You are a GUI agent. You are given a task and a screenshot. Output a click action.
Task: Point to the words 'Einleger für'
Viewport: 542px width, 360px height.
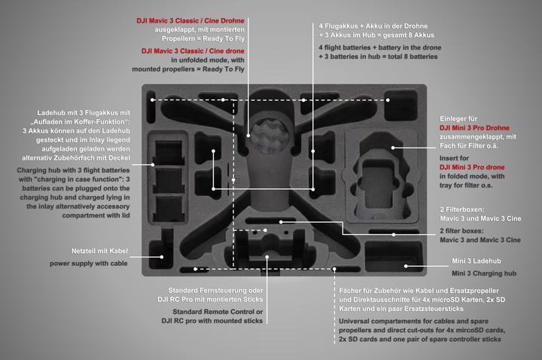pos(461,118)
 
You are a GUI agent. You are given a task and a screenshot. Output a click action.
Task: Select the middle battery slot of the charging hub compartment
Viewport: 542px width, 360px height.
pos(170,179)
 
